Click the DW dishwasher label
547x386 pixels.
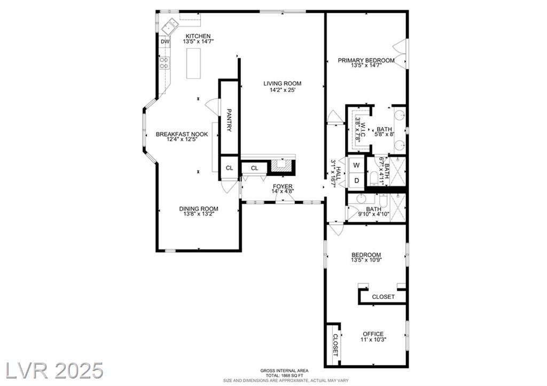pos(165,42)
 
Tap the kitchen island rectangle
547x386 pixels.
pos(193,64)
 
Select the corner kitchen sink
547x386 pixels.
pos(170,26)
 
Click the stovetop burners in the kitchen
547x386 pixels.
pos(165,63)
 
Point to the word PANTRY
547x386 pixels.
pos(229,120)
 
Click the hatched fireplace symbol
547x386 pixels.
pos(281,165)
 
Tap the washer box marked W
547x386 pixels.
pos(356,165)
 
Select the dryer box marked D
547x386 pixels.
pos(356,180)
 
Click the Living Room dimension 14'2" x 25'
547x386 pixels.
pos(282,90)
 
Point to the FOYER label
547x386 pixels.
pos(283,187)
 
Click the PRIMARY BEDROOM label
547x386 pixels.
pos(366,60)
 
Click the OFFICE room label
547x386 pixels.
pos(373,334)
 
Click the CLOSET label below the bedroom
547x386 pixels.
pos(384,297)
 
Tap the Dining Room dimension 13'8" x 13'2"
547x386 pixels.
pos(199,214)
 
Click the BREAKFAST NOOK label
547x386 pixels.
pos(182,134)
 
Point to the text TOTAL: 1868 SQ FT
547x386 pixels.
pos(284,375)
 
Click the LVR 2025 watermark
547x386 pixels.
pos(54,370)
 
